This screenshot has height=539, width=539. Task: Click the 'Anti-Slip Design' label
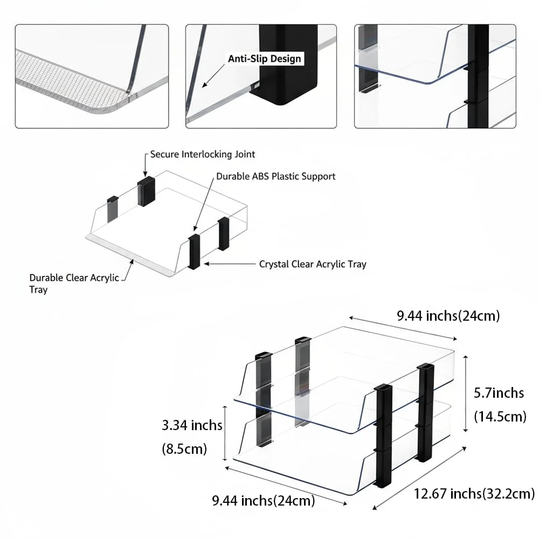pyautogui.click(x=264, y=59)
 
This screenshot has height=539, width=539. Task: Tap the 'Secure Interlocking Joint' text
pyautogui.click(x=203, y=154)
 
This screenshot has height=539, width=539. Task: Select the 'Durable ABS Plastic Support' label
pyautogui.click(x=275, y=176)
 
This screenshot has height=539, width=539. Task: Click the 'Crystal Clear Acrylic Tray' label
pyautogui.click(x=313, y=264)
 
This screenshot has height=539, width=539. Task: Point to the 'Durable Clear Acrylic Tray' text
pyautogui.click(x=74, y=284)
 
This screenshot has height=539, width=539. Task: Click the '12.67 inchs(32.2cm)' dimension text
pyautogui.click(x=474, y=494)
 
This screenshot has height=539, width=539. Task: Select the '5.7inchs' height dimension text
pyautogui.click(x=499, y=392)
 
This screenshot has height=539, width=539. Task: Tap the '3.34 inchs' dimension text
pyautogui.click(x=192, y=425)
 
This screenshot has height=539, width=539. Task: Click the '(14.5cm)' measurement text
pyautogui.click(x=500, y=416)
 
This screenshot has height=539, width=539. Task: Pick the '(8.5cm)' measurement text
pyautogui.click(x=184, y=448)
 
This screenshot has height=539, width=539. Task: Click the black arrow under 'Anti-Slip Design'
pyautogui.click(x=213, y=75)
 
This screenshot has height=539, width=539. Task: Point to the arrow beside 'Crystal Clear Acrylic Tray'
pyautogui.click(x=229, y=264)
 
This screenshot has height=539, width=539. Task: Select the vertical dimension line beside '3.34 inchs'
pyautogui.click(x=225, y=433)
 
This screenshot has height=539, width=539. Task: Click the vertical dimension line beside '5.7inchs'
pyautogui.click(x=466, y=393)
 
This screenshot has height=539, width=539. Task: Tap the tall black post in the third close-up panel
pyautogui.click(x=478, y=77)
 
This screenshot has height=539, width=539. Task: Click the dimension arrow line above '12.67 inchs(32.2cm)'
pyautogui.click(x=419, y=478)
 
